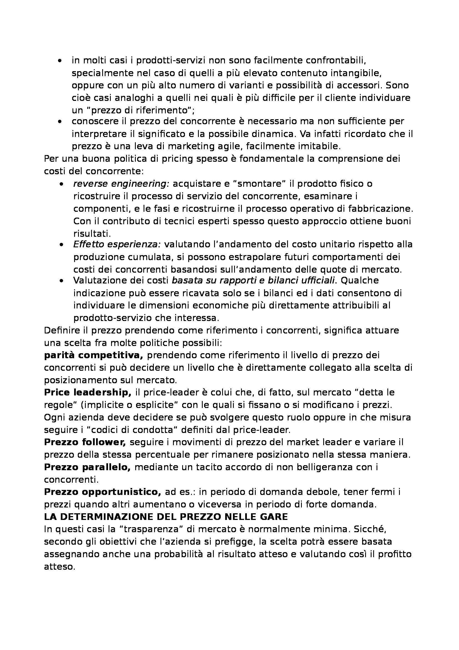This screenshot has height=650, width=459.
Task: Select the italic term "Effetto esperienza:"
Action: click(x=117, y=244)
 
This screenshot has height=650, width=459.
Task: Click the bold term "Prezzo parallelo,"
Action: click(x=87, y=467)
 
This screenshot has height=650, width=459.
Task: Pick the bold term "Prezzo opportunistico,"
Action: click(x=102, y=492)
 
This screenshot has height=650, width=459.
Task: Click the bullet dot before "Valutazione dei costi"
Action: click(x=61, y=281)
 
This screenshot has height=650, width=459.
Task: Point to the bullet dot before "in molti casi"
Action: click(x=60, y=61)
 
